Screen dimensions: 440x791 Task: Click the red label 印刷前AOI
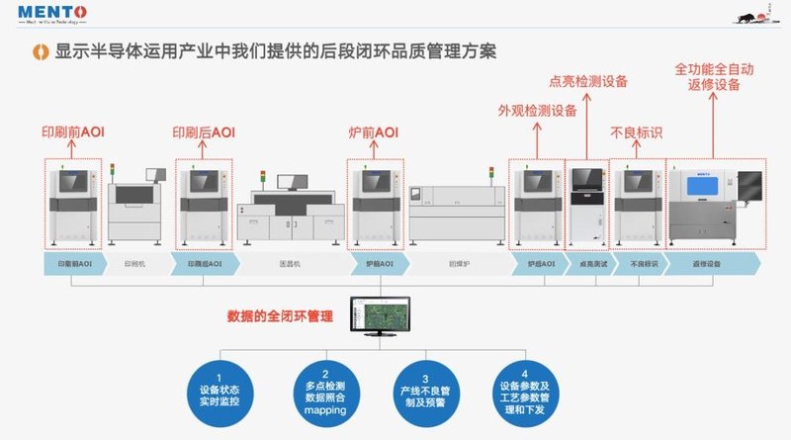coord(72,132)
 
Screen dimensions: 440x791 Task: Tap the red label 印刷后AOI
coord(204,132)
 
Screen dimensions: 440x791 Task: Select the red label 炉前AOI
coord(373,132)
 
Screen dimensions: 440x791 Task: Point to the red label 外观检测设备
coord(537,111)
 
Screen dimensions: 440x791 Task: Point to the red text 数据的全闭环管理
coord(280,317)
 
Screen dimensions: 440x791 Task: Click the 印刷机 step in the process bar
coord(135,264)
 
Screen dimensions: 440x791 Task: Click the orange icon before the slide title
coord(39,49)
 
